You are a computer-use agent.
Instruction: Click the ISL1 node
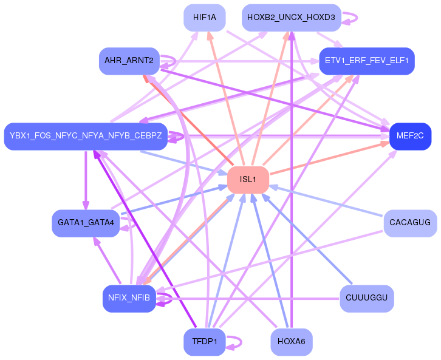point(248,179)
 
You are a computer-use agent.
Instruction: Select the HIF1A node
point(205,18)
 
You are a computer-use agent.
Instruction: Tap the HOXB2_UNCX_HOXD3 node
point(291,18)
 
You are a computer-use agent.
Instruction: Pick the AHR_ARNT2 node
point(129,61)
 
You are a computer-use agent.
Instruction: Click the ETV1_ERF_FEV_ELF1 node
point(366,61)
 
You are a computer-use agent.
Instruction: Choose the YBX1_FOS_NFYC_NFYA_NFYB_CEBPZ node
point(86,135)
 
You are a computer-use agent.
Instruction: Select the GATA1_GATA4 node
point(86,223)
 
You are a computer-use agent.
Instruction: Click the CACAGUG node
point(410,223)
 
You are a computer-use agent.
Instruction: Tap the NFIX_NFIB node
point(129,297)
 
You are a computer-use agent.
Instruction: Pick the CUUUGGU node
point(366,297)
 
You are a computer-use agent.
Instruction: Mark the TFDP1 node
point(205,341)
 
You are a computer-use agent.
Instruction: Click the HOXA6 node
point(291,341)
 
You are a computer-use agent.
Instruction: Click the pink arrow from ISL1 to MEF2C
point(328,158)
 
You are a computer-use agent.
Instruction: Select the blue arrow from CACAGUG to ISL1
point(328,201)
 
